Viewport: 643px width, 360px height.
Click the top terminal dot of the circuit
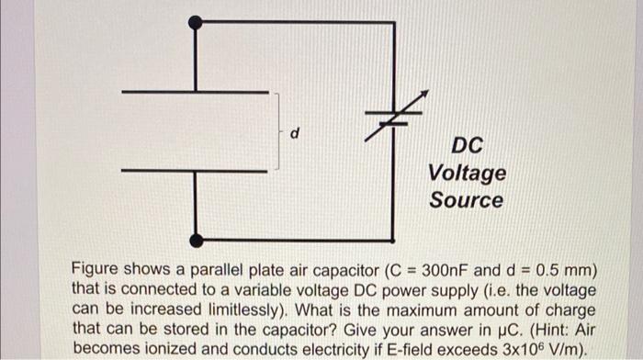coord(195,23)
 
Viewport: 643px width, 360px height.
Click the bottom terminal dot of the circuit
coord(195,241)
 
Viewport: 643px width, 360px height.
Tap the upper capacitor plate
coord(194,92)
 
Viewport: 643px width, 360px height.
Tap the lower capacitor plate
coord(194,170)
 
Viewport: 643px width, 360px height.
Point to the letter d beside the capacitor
coord(294,134)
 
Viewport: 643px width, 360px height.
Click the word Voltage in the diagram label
coord(466,173)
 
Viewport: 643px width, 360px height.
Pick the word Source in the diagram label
coord(466,199)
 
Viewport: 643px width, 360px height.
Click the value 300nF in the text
coord(447,272)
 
